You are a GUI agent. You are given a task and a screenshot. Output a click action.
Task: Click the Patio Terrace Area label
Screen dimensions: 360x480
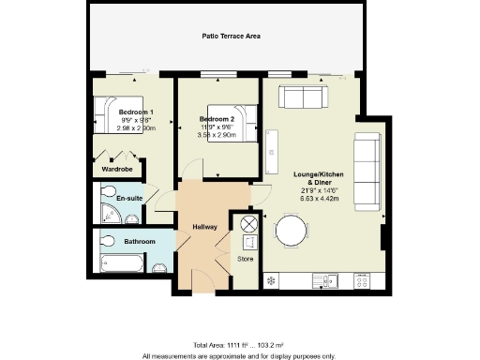[231, 37]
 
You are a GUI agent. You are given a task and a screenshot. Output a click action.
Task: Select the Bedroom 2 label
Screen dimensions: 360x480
[217, 119]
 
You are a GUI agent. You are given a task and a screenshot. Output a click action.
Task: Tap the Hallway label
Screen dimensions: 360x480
[204, 227]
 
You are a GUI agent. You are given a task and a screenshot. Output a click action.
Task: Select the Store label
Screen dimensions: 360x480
[246, 259]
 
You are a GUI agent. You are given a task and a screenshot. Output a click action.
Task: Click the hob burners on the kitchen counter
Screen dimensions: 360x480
[362, 279]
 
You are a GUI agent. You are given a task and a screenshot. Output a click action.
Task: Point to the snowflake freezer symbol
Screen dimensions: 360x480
[272, 280]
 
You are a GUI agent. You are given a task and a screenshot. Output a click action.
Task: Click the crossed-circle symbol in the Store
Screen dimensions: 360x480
[249, 224]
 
